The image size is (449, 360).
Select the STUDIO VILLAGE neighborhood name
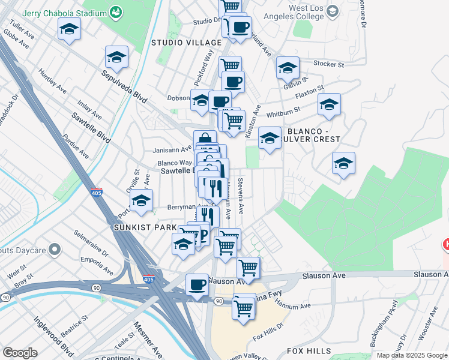click(186, 43)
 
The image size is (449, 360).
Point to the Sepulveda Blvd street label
click(124, 86)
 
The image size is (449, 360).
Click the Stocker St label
click(328, 63)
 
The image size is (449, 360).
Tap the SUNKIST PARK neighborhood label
click(145, 228)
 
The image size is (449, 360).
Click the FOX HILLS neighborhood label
click(309, 350)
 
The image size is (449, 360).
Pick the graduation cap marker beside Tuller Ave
click(69, 28)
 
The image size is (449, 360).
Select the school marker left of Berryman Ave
click(141, 200)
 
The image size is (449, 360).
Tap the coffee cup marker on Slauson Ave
click(197, 284)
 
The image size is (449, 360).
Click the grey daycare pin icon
click(55, 248)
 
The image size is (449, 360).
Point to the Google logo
click(20, 353)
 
